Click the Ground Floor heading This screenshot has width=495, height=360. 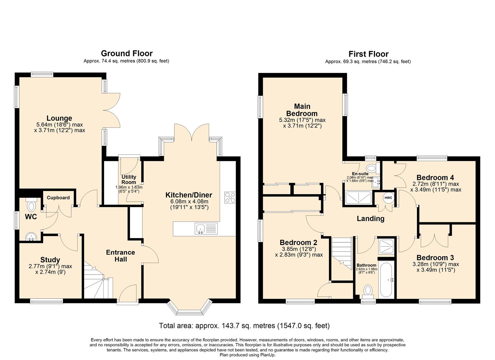[x=127, y=53]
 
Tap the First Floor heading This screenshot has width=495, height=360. [x=368, y=54]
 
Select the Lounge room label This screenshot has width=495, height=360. [x=59, y=118]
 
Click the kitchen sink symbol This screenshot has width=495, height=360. [x=201, y=229]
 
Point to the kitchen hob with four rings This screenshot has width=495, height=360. [x=230, y=198]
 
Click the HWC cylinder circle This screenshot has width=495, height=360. [x=388, y=198]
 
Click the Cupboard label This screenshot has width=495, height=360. [x=58, y=198]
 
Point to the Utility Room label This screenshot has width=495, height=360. [x=129, y=180]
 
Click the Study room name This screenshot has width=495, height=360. [x=50, y=260]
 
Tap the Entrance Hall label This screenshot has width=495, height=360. [x=120, y=256]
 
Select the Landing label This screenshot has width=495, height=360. [x=370, y=219]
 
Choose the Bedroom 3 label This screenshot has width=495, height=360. [x=435, y=258]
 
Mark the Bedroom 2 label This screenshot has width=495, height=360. [x=298, y=243]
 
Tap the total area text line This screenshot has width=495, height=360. [x=244, y=326]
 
